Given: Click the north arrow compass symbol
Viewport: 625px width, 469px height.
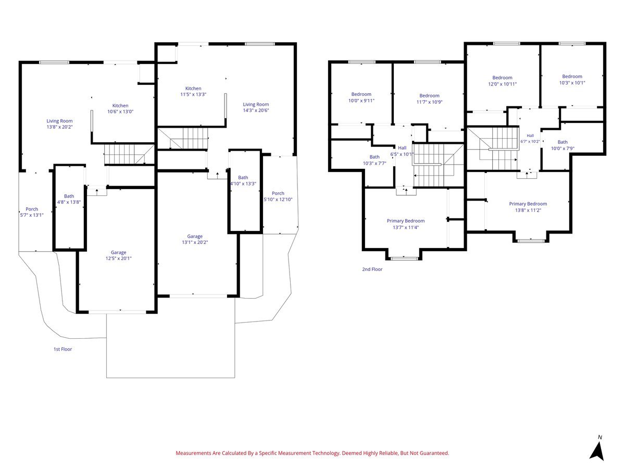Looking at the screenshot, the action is point(596,448).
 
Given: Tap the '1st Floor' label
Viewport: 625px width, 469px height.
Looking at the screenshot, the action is point(63,349).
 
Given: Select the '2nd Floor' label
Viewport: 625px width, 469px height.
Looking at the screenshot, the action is point(372,269).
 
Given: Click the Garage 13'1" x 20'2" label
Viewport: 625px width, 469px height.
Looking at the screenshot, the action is point(195,239).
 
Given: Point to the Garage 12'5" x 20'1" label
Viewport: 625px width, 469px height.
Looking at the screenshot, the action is point(118,255).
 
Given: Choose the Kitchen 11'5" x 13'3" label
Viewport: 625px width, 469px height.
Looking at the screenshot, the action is point(193,91).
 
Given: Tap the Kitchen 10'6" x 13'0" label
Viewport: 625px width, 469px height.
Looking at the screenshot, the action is point(120,108).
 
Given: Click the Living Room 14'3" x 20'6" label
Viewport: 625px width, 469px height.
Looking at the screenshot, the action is point(256,107).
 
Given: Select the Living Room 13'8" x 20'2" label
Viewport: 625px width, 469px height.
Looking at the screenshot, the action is point(59,124).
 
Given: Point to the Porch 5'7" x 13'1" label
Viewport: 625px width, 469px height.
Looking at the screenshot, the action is point(32,212).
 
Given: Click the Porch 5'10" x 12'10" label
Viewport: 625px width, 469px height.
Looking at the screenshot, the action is point(278,196).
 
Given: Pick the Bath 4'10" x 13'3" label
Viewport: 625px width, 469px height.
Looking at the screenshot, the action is point(243,180).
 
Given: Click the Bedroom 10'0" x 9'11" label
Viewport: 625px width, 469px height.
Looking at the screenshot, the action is point(361,97).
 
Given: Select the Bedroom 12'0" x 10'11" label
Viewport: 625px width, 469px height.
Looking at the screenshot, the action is point(502,81).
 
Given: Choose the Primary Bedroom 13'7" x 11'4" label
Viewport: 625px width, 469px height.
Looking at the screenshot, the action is point(405,224).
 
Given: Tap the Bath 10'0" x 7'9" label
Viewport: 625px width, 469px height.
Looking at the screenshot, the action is point(562,145).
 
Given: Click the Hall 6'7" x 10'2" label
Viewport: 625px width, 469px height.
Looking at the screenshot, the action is point(530,139).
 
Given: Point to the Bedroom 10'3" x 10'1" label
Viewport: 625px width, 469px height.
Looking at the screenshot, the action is point(572,80).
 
